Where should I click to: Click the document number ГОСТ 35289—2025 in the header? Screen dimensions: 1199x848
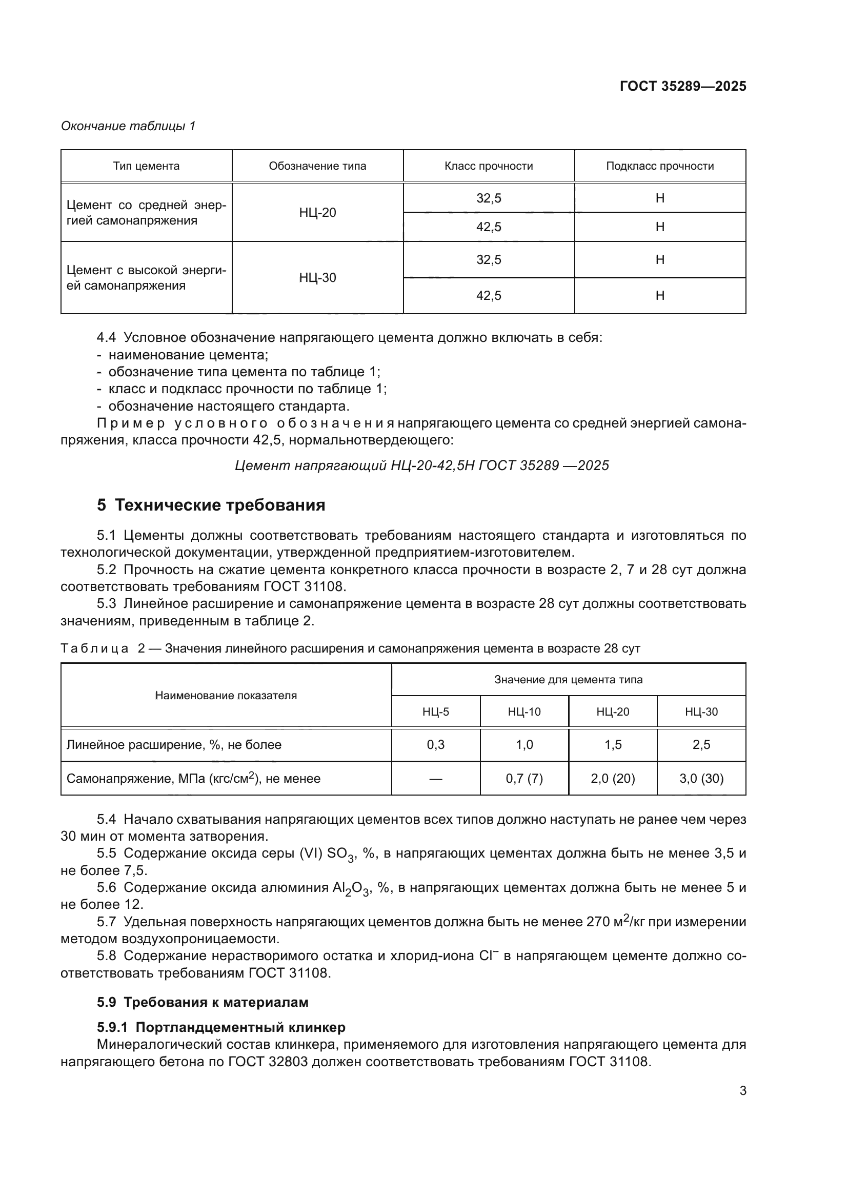tap(682, 86)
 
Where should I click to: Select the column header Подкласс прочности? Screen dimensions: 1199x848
tap(659, 166)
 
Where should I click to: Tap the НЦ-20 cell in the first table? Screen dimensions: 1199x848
tap(317, 213)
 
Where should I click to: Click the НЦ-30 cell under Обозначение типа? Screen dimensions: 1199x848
tap(317, 277)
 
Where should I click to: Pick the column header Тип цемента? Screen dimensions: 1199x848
tap(146, 166)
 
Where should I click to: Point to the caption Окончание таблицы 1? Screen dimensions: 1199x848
tap(128, 126)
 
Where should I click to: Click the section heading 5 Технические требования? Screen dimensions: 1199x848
tap(211, 505)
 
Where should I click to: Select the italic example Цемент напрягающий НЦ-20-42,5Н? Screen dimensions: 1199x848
tap(422, 465)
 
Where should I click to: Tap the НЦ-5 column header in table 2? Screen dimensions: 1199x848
tap(435, 712)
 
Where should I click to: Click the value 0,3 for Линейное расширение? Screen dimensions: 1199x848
tap(435, 745)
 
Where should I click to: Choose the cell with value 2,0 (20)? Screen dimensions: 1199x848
tap(613, 779)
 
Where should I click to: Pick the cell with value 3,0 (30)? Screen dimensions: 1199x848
tap(701, 779)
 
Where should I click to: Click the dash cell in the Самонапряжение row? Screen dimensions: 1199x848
tap(435, 779)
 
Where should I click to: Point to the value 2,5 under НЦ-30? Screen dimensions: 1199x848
tap(701, 745)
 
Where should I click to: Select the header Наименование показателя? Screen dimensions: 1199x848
tap(226, 696)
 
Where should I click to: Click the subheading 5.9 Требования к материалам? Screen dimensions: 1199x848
tap(203, 1002)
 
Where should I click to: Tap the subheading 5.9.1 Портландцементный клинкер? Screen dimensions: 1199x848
tap(221, 1027)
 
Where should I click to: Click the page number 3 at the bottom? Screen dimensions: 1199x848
tap(742, 1091)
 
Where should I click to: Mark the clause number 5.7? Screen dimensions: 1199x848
tap(106, 922)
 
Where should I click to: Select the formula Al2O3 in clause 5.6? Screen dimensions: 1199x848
tap(350, 888)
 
